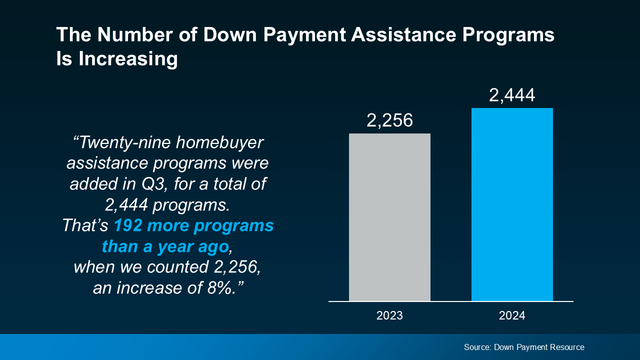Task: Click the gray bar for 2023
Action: (389, 217)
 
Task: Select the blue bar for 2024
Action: (512, 204)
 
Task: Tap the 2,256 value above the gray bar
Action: (389, 120)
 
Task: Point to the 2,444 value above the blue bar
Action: (512, 95)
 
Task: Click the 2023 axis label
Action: (389, 316)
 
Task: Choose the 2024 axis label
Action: (512, 316)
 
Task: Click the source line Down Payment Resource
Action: (524, 347)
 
